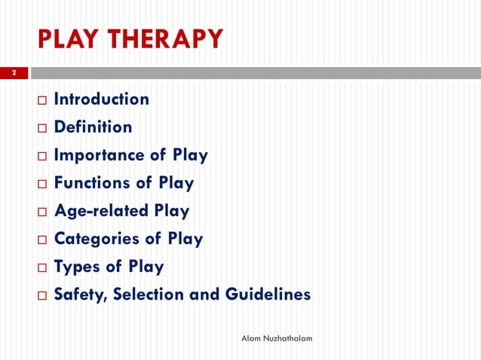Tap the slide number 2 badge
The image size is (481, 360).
click(13, 74)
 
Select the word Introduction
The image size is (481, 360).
click(101, 99)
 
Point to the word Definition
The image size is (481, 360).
click(93, 127)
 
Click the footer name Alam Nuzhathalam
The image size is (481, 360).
click(277, 339)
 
